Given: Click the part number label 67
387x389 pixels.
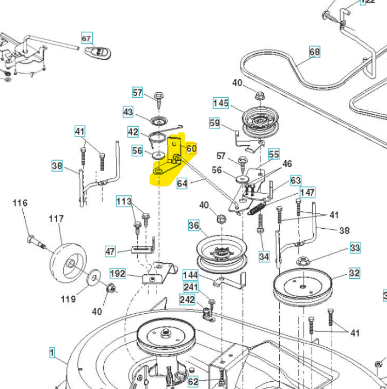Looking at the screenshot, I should pos(86,38).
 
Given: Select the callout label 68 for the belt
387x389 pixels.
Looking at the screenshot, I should pos(314,52).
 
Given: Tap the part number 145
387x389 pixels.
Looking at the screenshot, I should pos(220,103).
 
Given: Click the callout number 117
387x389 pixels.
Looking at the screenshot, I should pos(56,219).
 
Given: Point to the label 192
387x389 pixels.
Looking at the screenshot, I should pos(118,273).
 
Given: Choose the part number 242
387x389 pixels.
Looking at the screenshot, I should pos(186,299).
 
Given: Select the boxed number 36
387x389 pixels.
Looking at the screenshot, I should pos(193,226).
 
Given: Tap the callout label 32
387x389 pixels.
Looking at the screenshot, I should pos(354,273).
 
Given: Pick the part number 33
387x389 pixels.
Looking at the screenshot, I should pos(354,248).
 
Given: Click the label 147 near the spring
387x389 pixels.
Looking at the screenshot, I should pos(308,193).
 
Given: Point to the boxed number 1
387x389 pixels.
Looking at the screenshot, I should pos(52,352).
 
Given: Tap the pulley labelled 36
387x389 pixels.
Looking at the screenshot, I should pos(221,252).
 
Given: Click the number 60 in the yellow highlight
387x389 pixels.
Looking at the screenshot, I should pos(191,149).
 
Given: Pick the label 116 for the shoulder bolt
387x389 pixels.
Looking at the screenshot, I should pos(20,204).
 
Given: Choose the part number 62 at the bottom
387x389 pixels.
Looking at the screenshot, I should pos(192,382).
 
